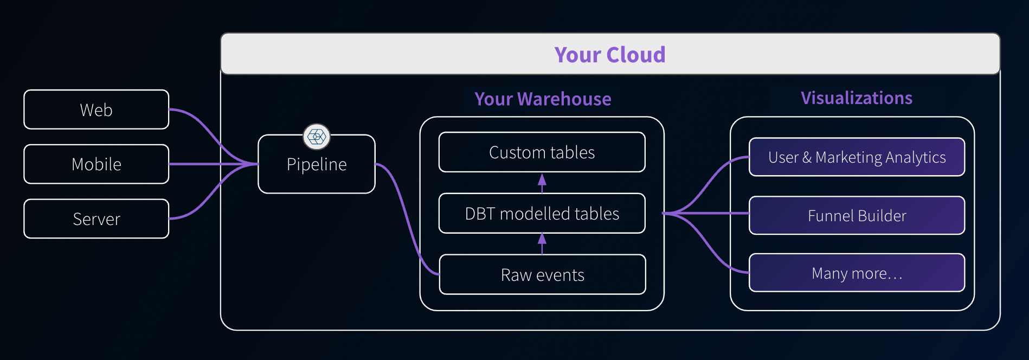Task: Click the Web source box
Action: [97, 110]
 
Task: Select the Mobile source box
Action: [97, 164]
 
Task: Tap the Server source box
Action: [97, 218]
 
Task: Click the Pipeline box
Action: [317, 168]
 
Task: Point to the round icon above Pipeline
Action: [317, 136]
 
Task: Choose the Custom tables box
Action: [542, 152]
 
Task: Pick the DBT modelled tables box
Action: [542, 214]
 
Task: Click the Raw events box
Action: [542, 275]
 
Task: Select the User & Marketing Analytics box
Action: [857, 157]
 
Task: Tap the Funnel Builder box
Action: [857, 216]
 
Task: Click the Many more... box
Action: [857, 273]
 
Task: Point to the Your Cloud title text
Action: [610, 55]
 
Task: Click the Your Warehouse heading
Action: [543, 99]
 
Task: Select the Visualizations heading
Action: [857, 98]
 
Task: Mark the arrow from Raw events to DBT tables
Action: [542, 243]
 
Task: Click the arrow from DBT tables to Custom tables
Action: [542, 183]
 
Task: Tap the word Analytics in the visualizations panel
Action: [916, 157]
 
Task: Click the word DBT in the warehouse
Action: [480, 214]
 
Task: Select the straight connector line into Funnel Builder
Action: [716, 214]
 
